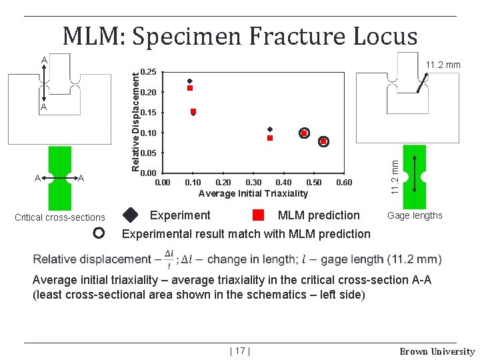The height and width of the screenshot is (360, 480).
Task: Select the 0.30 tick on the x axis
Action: point(253,183)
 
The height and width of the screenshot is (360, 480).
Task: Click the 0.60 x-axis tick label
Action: point(344,183)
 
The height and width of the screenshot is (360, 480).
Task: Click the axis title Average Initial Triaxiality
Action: point(253,193)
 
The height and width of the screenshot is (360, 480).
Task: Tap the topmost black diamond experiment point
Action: point(190,81)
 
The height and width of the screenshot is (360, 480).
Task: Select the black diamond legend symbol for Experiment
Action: point(131,215)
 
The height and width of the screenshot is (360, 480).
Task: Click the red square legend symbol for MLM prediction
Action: point(259,215)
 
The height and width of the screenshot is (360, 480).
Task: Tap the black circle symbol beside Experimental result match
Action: point(99,233)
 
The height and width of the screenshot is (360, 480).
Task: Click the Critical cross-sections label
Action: point(60,217)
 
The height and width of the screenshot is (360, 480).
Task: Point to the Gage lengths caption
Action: point(415,215)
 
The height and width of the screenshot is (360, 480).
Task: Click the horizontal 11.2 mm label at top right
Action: point(443,65)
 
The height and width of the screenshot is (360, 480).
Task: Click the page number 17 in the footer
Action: point(239,351)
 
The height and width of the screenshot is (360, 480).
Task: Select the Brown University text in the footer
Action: point(437,351)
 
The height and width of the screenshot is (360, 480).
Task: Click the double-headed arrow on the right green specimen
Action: point(415,175)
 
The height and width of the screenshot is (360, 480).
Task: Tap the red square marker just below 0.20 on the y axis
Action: point(190,88)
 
